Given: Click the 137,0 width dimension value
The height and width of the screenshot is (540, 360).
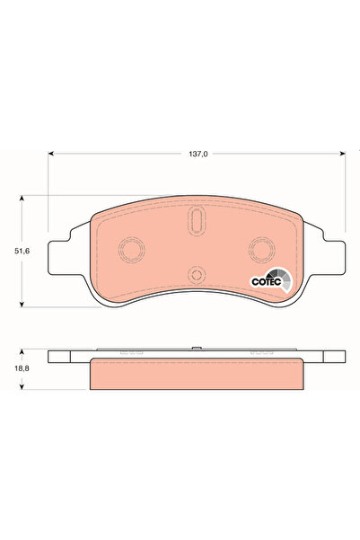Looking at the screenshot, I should pos(198,155).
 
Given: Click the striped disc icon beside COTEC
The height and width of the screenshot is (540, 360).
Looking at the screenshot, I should pos(283,278).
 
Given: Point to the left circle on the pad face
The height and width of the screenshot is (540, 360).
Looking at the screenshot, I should pos(132,249).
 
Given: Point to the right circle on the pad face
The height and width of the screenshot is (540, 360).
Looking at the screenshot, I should pos(262,249).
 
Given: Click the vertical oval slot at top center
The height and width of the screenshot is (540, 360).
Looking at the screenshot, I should pos(198,221).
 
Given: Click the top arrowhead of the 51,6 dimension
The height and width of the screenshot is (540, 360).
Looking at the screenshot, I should pos(23,199).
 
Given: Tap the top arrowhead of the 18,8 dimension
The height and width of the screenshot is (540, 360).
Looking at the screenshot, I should pos(23,351).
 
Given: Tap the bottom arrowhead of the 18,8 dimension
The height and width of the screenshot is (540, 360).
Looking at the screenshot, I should pos(23,388).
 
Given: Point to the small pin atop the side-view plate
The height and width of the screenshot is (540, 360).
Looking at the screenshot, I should pos(195,348).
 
